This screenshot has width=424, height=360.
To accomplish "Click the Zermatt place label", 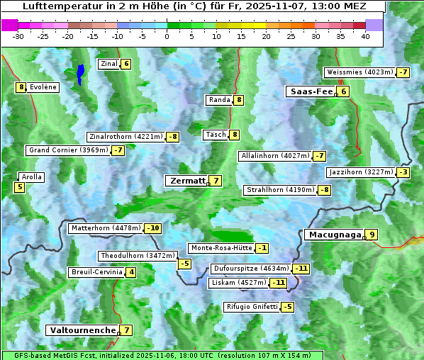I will click(x=186, y=181).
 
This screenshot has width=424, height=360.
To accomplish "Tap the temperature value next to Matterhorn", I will click(x=152, y=228).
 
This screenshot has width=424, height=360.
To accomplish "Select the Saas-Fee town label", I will click(x=311, y=91).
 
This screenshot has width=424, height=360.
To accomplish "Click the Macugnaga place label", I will click(x=333, y=235).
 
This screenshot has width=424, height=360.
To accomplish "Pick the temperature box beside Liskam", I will click(x=278, y=283).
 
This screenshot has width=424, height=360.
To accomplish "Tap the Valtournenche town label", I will click(x=82, y=330).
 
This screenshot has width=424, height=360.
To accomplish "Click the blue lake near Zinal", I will click(x=80, y=74).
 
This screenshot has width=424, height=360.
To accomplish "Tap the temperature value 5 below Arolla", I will click(x=19, y=187).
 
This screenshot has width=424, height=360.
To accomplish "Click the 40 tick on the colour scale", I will click(x=365, y=36).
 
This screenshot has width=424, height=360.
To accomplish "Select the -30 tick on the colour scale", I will click(x=19, y=36).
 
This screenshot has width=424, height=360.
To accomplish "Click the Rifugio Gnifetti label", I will click(x=251, y=307).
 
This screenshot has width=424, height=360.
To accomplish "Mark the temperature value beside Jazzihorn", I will click(x=403, y=172).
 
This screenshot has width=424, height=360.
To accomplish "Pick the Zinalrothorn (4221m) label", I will click(x=125, y=137).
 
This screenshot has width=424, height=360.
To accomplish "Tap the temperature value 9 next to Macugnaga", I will click(x=372, y=235).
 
